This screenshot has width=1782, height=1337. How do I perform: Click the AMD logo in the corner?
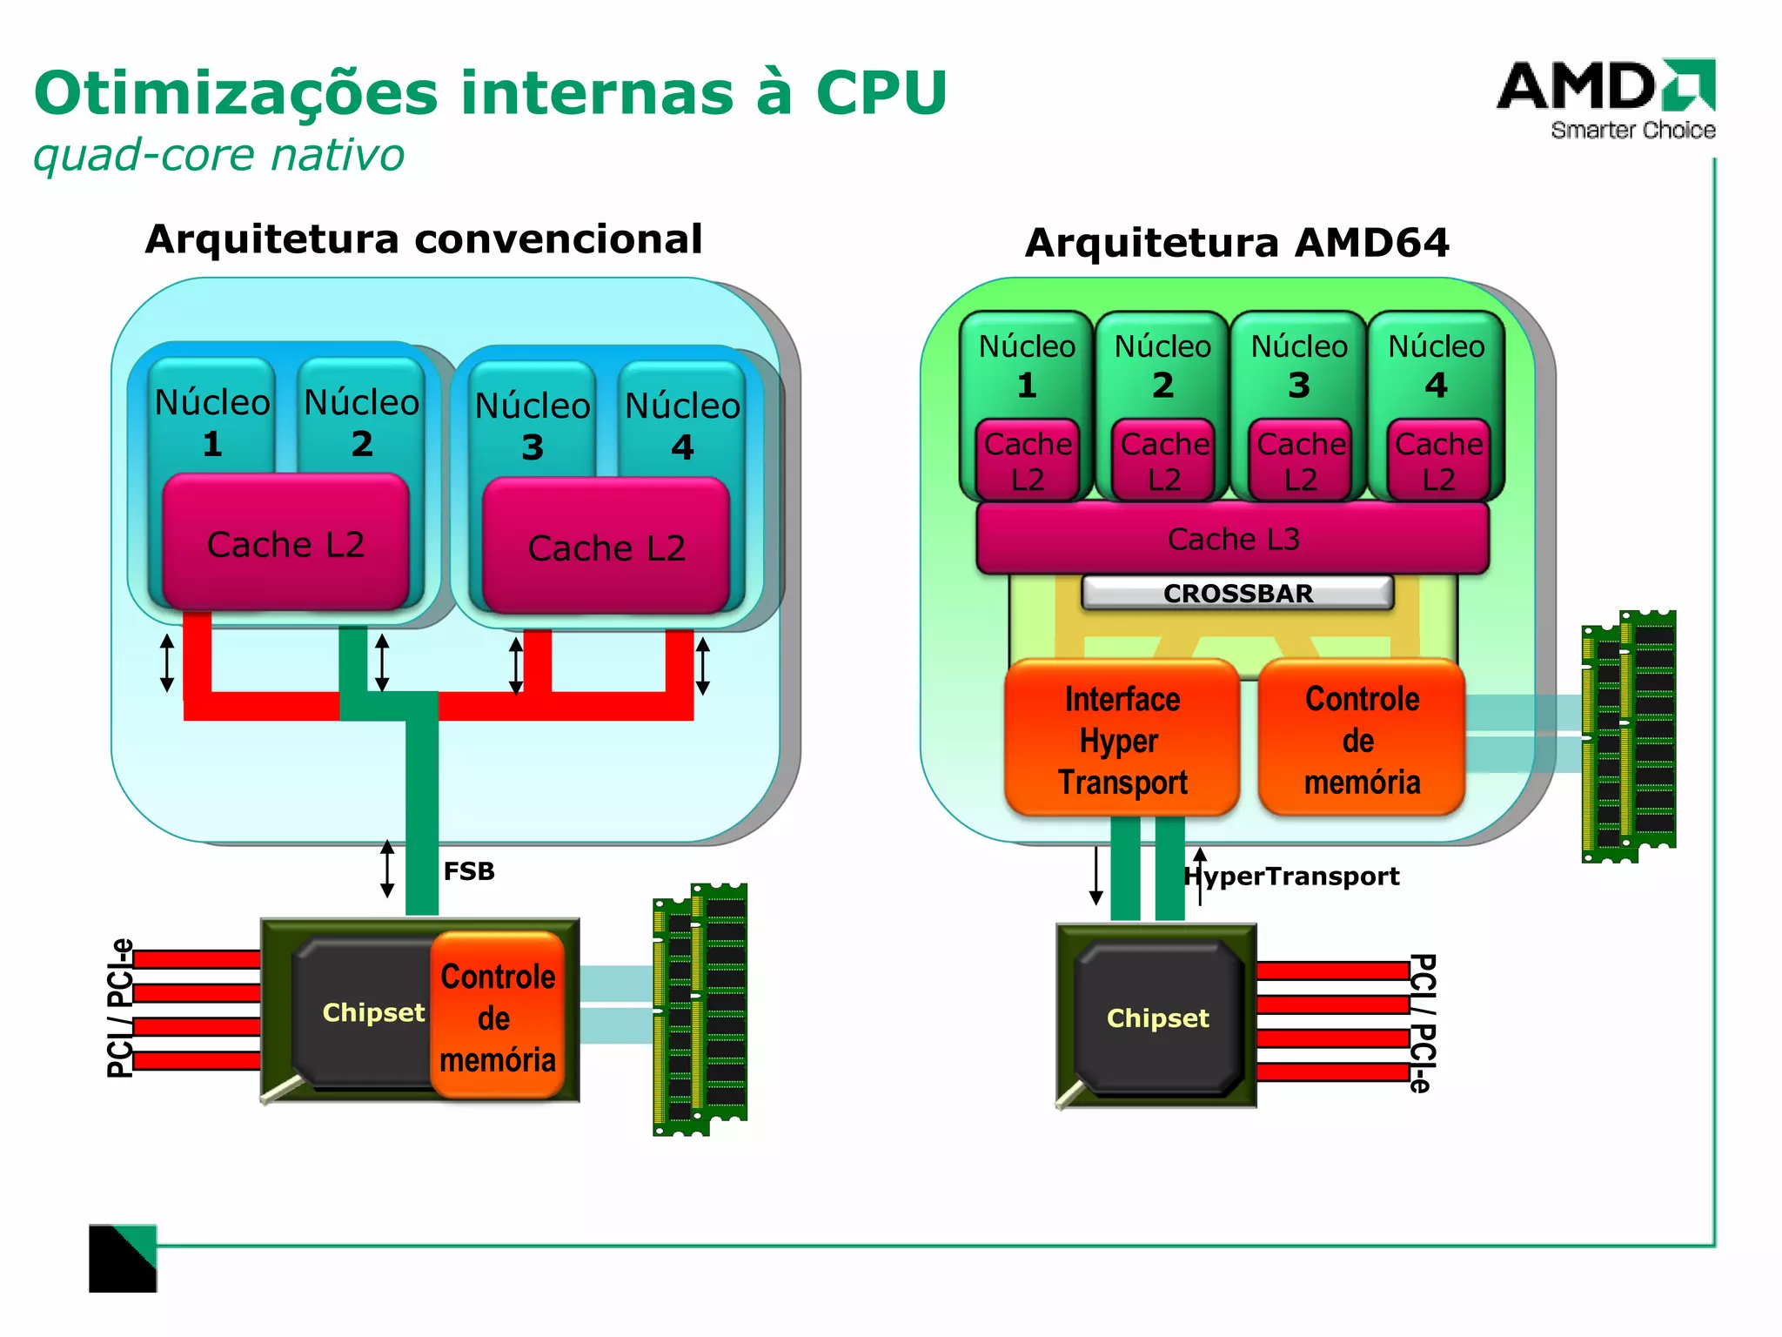tap(1605, 97)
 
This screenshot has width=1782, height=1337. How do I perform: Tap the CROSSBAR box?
tap(1236, 593)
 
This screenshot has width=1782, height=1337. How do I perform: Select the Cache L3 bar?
tap(1232, 539)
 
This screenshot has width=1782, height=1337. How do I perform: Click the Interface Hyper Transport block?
tap(1121, 739)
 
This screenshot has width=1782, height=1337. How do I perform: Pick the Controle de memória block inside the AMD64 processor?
tap(1361, 739)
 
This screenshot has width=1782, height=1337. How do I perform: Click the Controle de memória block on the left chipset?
tap(497, 1017)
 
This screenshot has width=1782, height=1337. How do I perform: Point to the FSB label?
tap(468, 870)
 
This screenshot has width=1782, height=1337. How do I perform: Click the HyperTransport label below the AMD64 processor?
tap(1292, 876)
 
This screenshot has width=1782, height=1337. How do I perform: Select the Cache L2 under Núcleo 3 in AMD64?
tap(1300, 461)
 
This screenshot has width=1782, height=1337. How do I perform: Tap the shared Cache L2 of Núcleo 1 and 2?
tap(285, 544)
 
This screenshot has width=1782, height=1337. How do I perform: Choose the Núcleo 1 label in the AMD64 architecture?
tap(1027, 364)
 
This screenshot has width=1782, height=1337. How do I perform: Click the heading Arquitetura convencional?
tap(423, 239)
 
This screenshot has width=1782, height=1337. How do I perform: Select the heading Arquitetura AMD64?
tap(1236, 242)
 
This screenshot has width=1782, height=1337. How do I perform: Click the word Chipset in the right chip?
tap(1157, 1018)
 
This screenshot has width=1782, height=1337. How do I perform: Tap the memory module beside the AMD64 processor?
tap(1628, 736)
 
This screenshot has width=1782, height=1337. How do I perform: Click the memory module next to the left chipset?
tap(700, 1010)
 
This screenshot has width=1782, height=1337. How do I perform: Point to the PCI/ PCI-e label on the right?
tap(1421, 1022)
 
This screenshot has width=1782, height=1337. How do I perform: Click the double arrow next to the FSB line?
tap(387, 869)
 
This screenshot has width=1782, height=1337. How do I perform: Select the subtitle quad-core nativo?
tap(218, 155)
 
